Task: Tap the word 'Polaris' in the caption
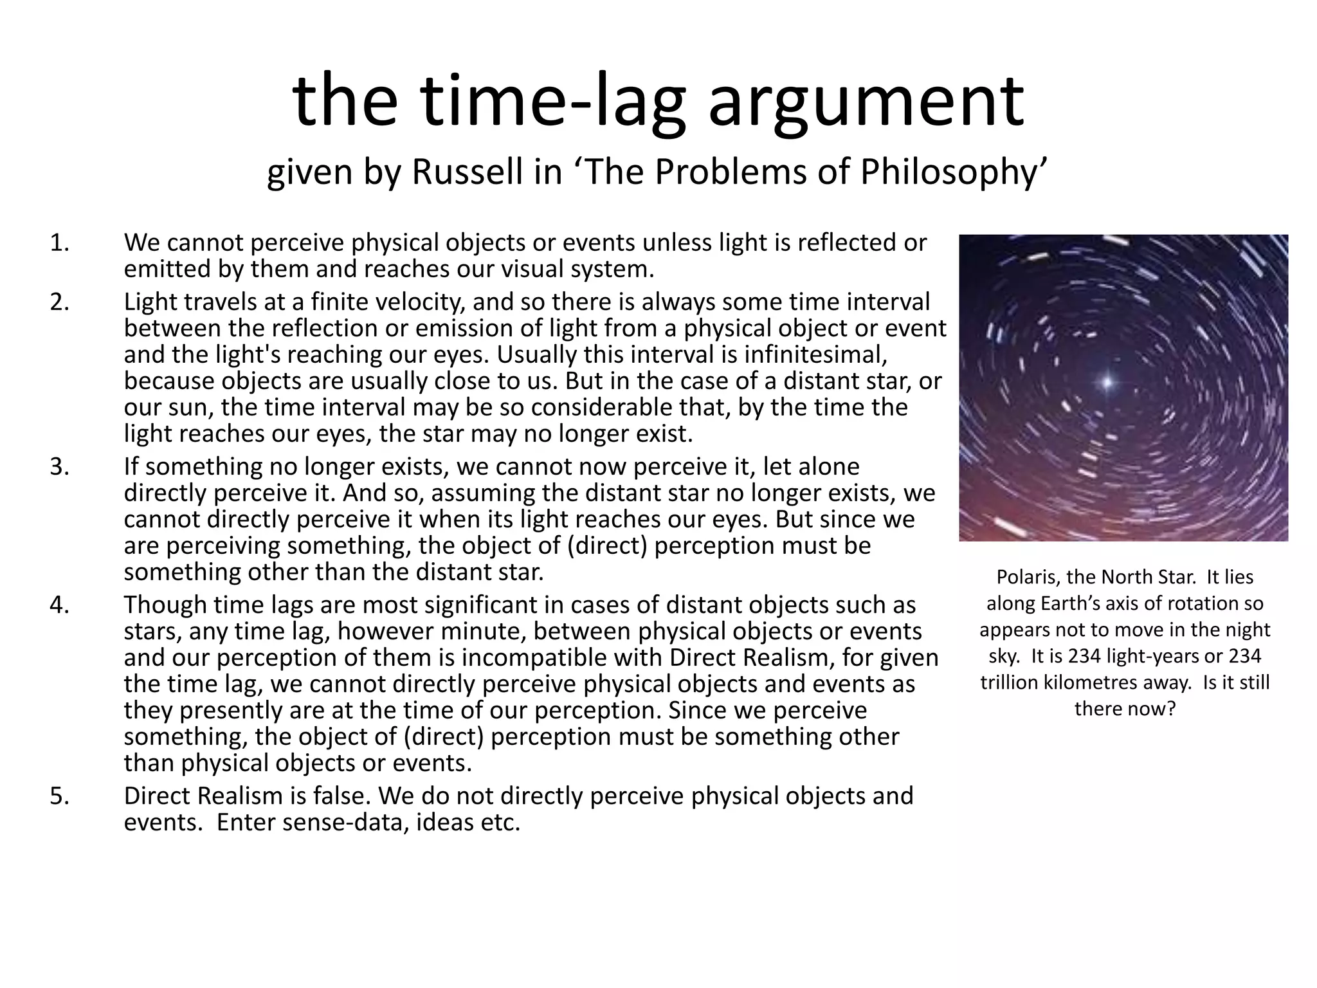(x=1027, y=577)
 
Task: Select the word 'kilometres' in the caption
(x=1088, y=682)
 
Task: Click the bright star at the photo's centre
(x=1107, y=382)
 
